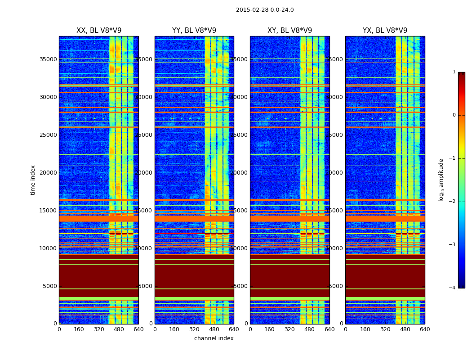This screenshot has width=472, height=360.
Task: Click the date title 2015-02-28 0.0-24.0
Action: click(265, 10)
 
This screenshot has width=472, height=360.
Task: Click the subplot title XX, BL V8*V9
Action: click(99, 31)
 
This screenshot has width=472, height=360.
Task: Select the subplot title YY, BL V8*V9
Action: click(194, 31)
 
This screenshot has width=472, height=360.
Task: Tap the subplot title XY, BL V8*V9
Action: click(289, 31)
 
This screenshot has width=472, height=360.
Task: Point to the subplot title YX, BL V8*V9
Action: click(385, 31)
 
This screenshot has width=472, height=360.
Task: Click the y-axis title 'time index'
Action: click(33, 180)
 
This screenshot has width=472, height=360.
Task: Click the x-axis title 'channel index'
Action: click(214, 338)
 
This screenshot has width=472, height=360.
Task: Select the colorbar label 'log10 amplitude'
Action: click(441, 180)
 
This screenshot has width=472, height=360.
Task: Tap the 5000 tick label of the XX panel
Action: click(50, 286)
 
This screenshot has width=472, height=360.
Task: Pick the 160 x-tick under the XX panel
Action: click(79, 329)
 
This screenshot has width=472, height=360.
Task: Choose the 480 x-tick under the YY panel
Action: click(214, 329)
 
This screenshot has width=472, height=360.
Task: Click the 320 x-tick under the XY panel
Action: click(289, 329)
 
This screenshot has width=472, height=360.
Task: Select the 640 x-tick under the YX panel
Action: click(425, 329)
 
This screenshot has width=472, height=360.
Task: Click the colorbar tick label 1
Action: click(454, 72)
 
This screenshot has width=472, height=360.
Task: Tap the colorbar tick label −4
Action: click(453, 288)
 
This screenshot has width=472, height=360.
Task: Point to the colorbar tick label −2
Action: click(453, 202)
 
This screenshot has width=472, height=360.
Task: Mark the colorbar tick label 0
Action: click(454, 115)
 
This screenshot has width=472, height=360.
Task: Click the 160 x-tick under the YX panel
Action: click(365, 329)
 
